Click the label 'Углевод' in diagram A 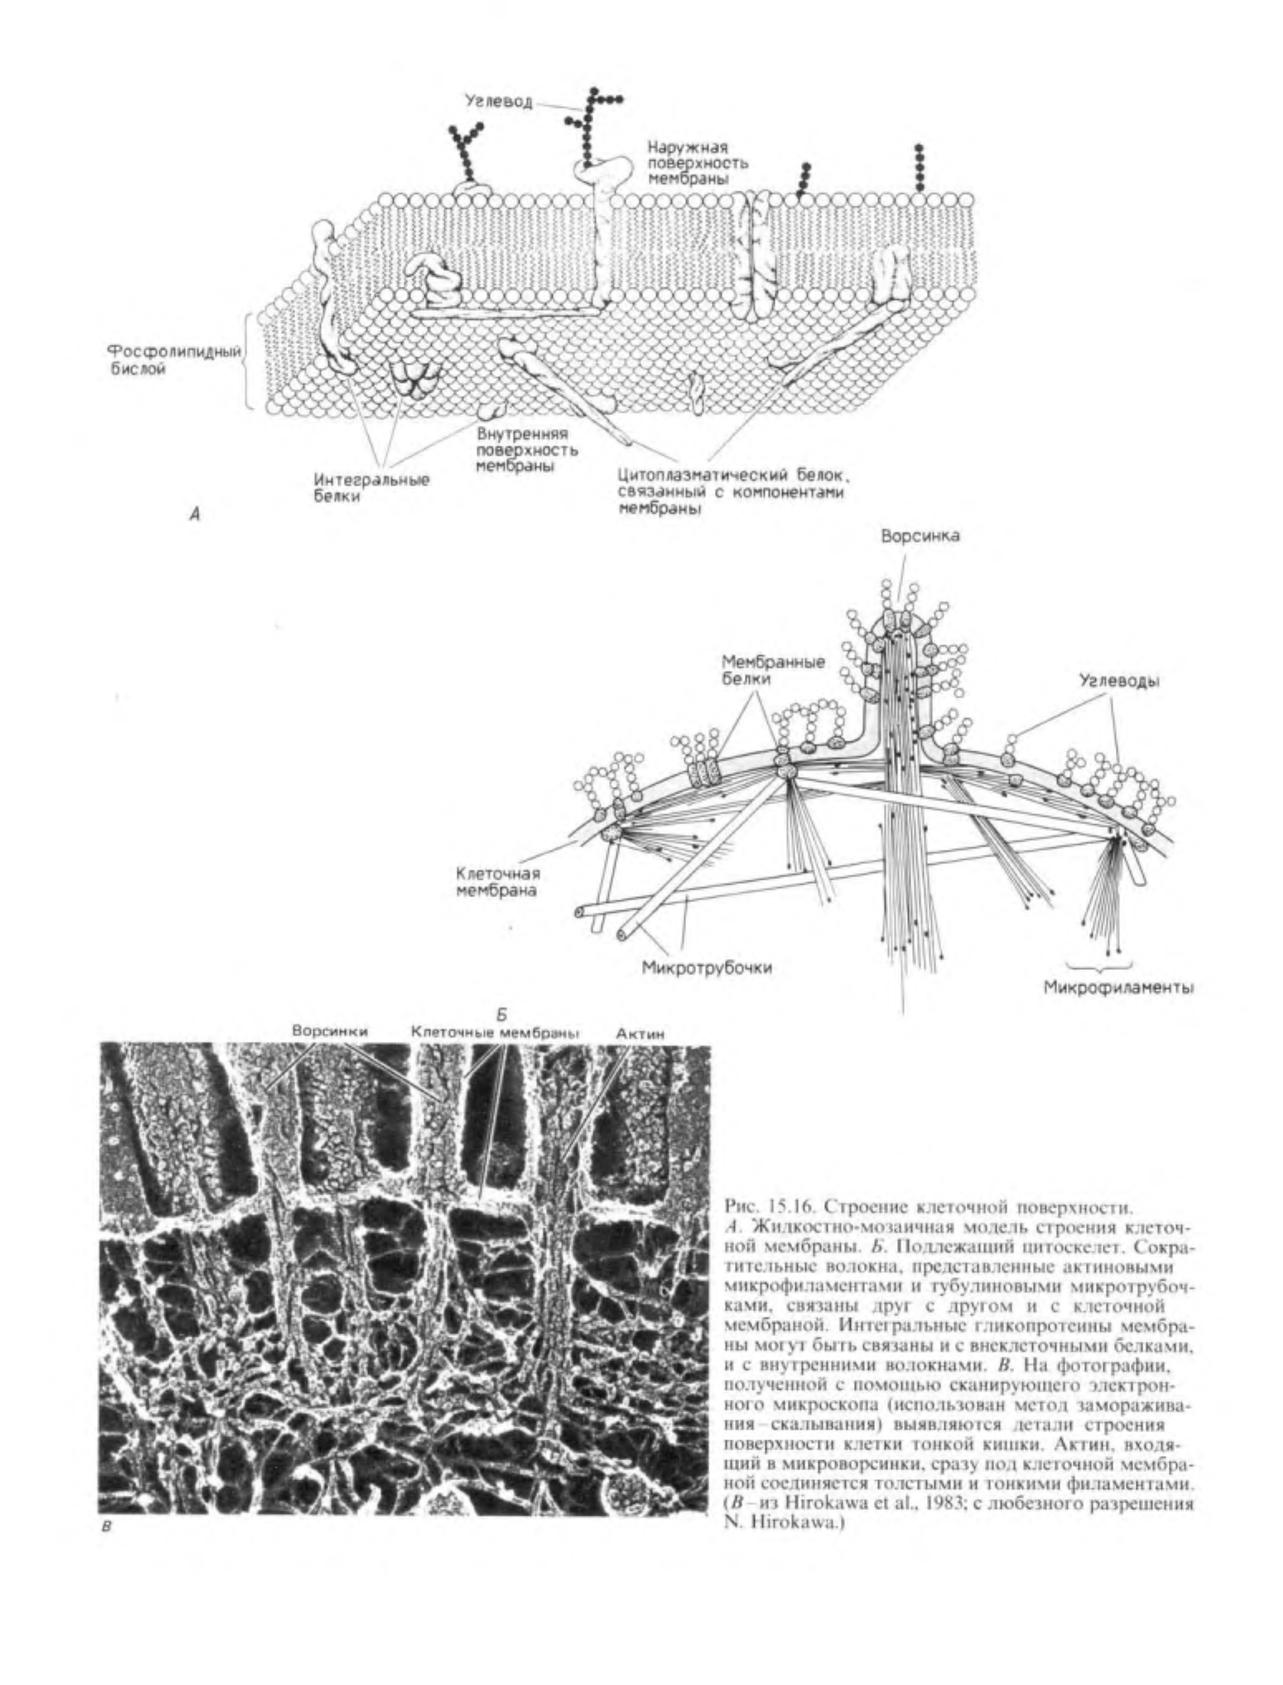coord(500,101)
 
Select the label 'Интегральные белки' coord(371,488)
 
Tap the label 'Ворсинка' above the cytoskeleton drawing coord(920,536)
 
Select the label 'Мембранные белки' coord(773,670)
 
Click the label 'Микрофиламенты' coord(1119,988)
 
